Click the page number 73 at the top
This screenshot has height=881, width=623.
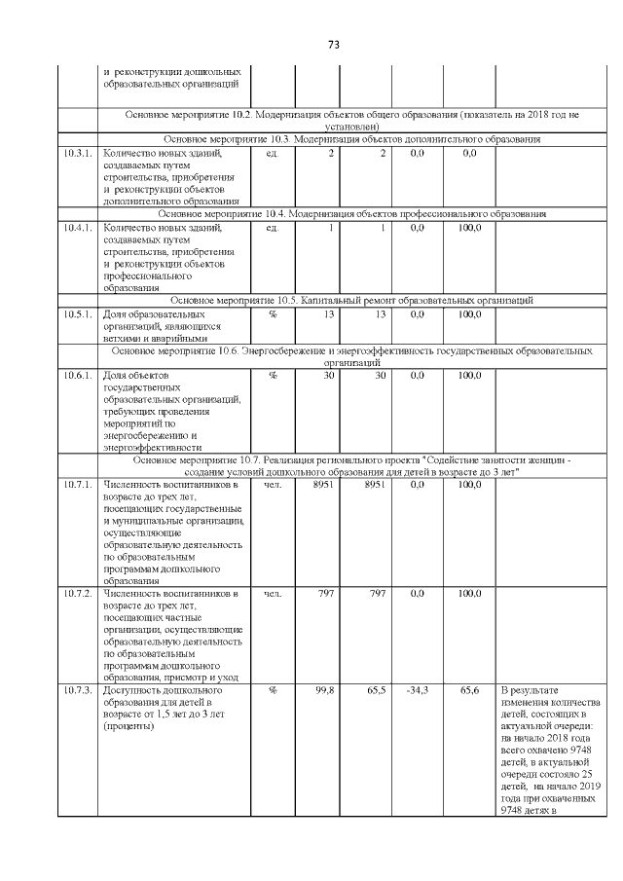[332, 45]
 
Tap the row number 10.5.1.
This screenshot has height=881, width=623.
[77, 314]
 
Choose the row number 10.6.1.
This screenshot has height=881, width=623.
[77, 375]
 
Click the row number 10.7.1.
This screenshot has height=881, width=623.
[77, 484]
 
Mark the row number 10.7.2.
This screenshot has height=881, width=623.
[77, 593]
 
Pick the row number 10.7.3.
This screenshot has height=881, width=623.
[77, 690]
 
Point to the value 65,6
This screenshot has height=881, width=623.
[470, 690]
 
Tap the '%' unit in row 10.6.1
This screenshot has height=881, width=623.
[272, 375]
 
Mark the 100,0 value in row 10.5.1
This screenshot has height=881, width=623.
[470, 314]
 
